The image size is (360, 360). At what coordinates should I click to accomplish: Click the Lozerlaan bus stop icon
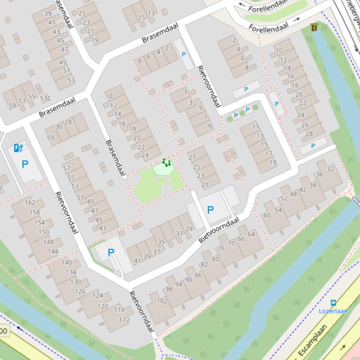point(333,303)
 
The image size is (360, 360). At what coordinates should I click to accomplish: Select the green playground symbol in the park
point(166,163)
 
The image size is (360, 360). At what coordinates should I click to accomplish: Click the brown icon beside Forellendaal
point(314,28)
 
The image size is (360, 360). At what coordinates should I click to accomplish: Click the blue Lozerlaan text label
point(333,311)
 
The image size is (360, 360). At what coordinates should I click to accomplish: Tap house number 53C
point(45,98)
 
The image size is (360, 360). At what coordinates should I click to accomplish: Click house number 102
point(162,301)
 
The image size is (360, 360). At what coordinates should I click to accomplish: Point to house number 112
point(124,320)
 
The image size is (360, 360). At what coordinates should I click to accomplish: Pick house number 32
point(331,169)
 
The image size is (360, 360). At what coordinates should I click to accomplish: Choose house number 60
point(267,215)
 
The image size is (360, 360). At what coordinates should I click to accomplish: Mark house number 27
point(192,158)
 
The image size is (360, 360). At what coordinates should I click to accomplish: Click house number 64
point(252,234)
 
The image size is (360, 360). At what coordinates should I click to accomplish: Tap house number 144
point(53,251)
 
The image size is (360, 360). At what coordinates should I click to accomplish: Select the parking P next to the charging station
point(25,164)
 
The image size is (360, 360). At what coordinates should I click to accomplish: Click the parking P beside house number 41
point(111,252)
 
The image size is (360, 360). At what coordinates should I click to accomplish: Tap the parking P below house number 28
point(313,146)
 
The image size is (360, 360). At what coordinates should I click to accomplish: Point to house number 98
point(169,288)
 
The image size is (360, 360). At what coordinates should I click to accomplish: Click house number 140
point(66,262)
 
